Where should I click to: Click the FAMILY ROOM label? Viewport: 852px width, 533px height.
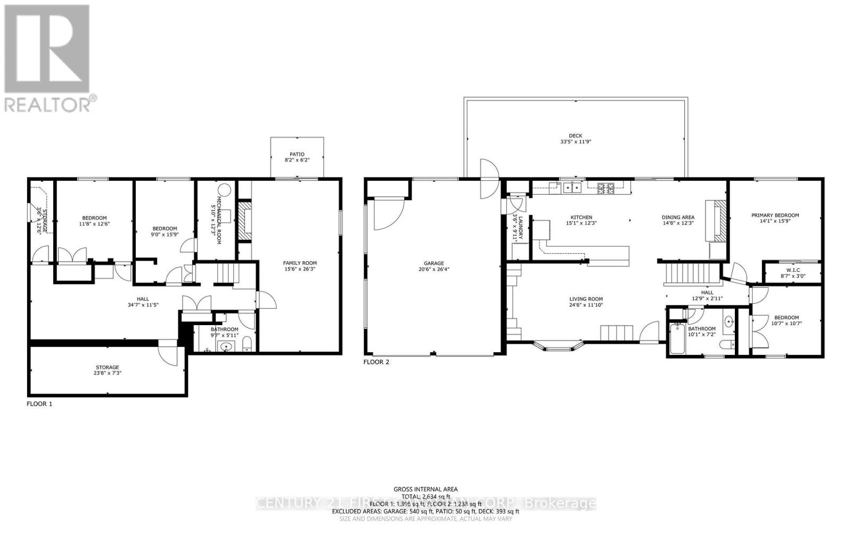tap(300, 263)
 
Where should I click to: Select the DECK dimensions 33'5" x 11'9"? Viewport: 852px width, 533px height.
tap(575, 142)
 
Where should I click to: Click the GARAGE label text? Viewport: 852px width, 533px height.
tap(434, 263)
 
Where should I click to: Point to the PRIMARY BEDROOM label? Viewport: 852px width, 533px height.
tap(775, 215)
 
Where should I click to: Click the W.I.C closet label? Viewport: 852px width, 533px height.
tap(793, 270)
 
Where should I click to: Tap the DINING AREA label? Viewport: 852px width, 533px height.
tap(678, 217)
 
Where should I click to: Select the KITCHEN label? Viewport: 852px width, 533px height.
tap(581, 217)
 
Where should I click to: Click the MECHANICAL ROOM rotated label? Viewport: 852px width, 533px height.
tap(218, 214)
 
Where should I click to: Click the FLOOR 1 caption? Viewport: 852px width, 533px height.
tap(39, 404)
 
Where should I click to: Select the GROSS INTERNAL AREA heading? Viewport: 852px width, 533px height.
tap(425, 489)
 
